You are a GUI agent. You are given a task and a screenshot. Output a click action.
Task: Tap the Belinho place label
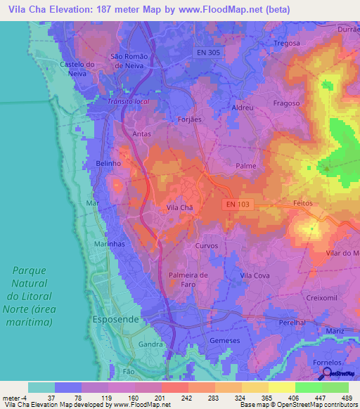tap(108, 163)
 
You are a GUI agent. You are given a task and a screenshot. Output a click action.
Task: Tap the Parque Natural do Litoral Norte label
tap(33, 296)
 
